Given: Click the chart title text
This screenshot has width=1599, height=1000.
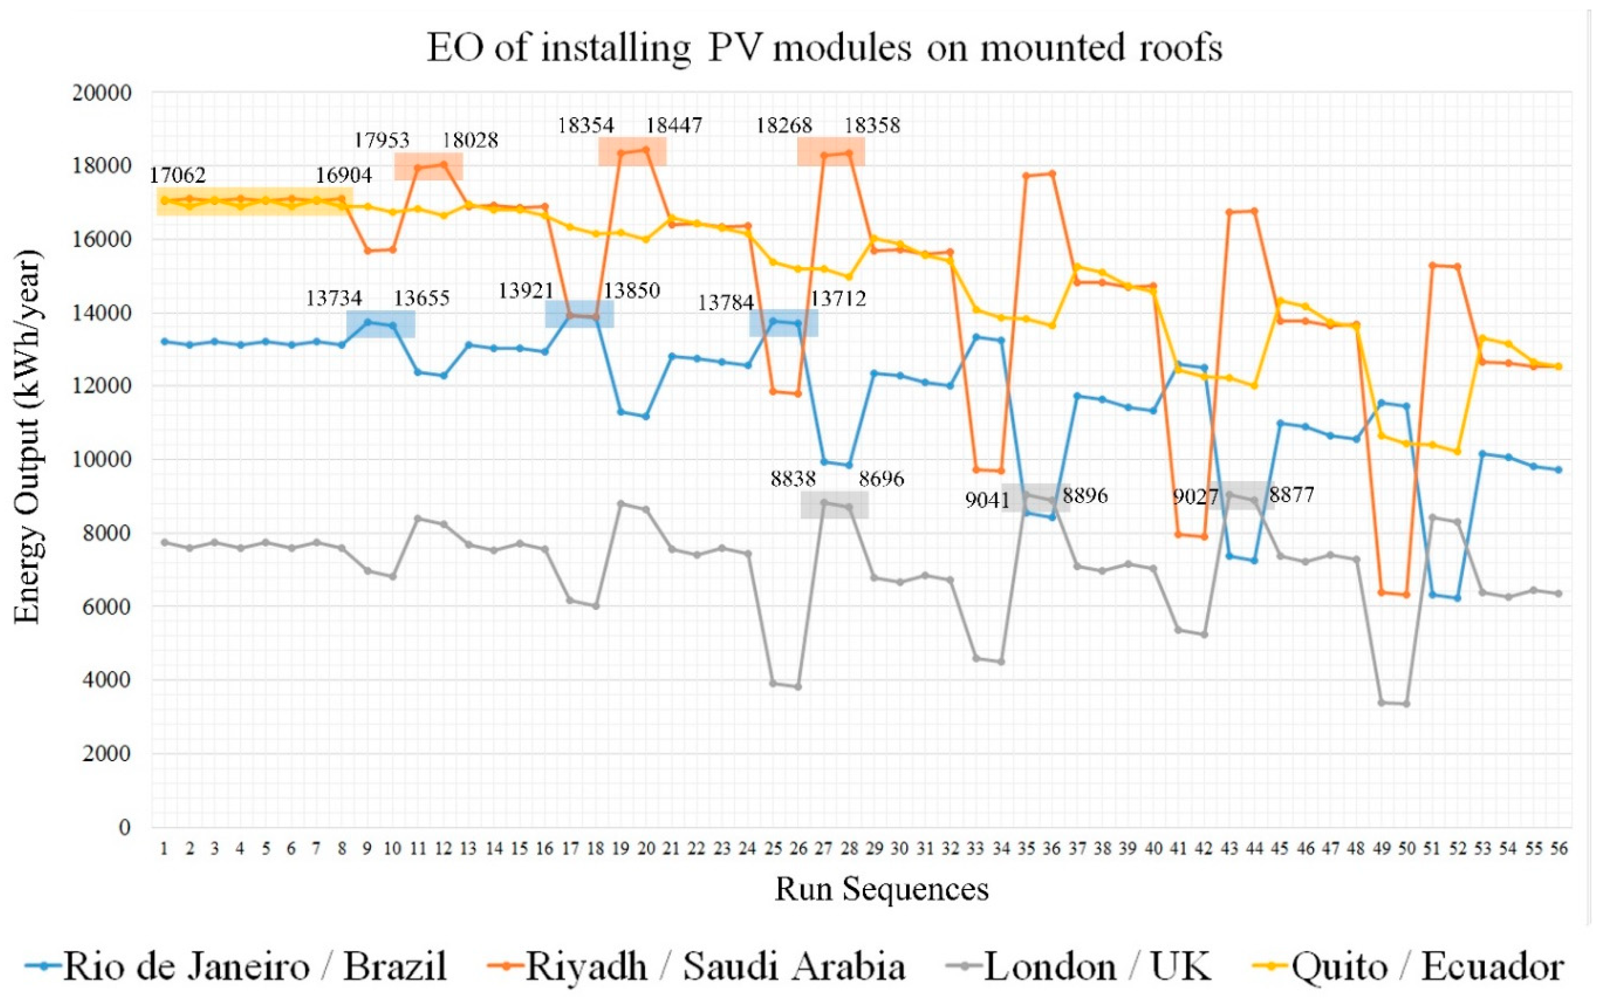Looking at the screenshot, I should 824,48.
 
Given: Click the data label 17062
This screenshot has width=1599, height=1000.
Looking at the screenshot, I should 177,175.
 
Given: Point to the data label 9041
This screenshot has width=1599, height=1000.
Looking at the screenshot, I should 987,500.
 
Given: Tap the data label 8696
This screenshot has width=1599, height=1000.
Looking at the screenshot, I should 881,478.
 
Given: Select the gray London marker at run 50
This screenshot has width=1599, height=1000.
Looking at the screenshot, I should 1406,704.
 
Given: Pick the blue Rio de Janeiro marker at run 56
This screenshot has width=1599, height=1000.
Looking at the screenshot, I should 1558,469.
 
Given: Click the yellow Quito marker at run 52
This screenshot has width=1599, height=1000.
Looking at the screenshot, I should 1457,451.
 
